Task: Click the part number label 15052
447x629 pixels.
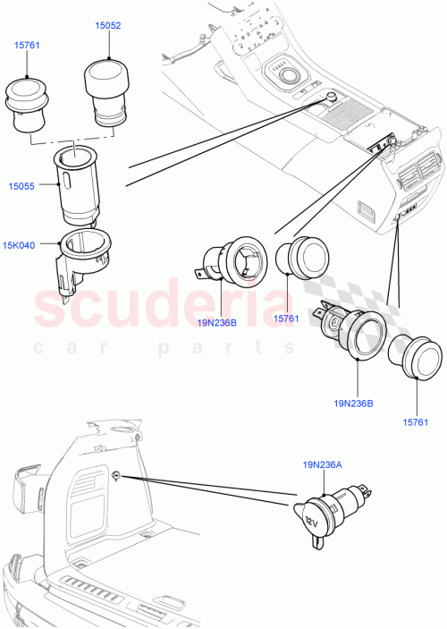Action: click(x=109, y=27)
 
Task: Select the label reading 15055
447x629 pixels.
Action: click(x=22, y=185)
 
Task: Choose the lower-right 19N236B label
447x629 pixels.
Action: click(x=354, y=404)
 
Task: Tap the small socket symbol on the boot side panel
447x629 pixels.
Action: click(x=117, y=474)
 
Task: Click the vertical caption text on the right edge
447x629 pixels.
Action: click(x=441, y=313)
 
